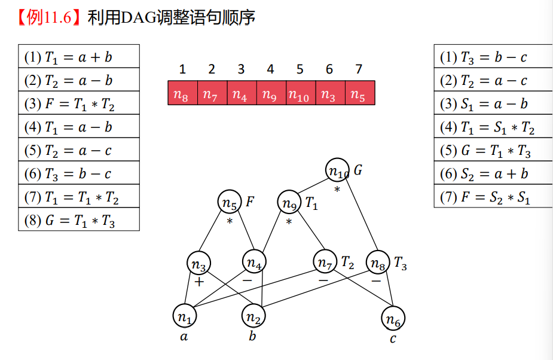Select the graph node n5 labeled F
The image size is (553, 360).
[x=230, y=202]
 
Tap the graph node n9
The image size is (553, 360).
[x=290, y=203]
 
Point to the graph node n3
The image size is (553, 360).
[x=198, y=263]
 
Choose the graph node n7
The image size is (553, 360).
[x=325, y=262]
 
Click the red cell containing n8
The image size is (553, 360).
[x=182, y=94]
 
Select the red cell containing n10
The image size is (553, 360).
[x=300, y=94]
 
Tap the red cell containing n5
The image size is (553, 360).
[x=359, y=94]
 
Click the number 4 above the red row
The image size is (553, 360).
[x=270, y=69]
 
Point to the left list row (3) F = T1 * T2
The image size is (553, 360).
[x=79, y=103]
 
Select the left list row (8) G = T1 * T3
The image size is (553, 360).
[x=79, y=219]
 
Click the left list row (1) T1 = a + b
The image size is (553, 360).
[x=79, y=57]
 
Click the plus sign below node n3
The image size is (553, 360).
[x=199, y=280]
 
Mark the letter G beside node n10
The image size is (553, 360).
[x=358, y=170]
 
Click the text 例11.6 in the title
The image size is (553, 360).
[x=53, y=18]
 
